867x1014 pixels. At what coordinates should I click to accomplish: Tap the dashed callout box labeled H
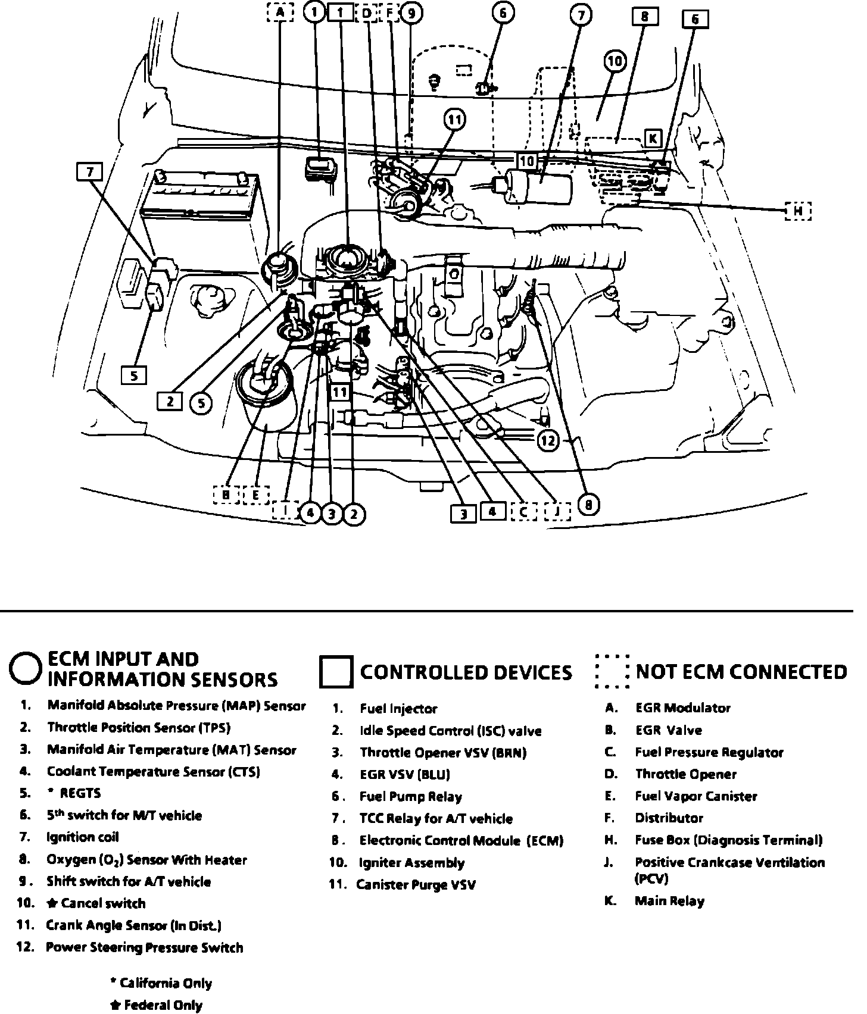[798, 211]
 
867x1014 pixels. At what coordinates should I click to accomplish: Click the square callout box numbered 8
[644, 17]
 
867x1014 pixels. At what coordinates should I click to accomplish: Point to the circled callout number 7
[581, 15]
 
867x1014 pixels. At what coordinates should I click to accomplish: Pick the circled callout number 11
[454, 120]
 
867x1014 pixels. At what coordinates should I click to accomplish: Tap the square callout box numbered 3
[463, 514]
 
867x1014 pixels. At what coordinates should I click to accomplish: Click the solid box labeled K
[653, 139]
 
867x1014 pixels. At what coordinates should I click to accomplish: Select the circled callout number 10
[615, 61]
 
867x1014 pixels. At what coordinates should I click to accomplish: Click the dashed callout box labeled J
[557, 511]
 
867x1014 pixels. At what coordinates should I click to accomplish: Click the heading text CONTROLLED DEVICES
[466, 672]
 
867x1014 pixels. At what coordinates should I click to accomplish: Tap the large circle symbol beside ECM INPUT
[26, 669]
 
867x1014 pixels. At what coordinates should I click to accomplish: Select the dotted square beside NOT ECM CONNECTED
[612, 671]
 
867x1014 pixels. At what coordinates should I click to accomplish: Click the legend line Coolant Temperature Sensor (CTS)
[153, 772]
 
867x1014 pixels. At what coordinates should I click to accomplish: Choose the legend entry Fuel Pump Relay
[410, 796]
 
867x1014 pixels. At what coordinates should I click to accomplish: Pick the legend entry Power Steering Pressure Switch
[144, 947]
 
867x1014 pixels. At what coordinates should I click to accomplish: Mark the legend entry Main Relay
[669, 900]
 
